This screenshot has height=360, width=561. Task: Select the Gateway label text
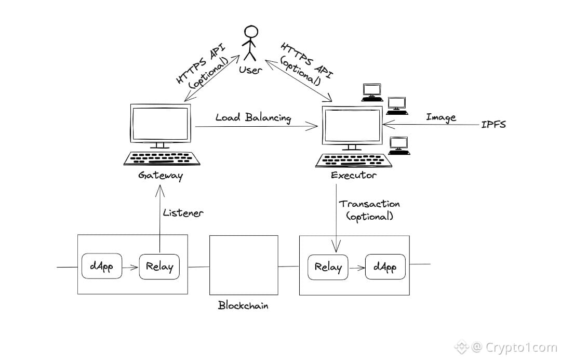coord(161,176)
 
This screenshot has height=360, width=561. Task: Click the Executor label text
coord(353,176)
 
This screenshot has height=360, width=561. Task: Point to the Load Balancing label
coord(253,118)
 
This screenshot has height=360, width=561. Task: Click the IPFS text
coord(493,125)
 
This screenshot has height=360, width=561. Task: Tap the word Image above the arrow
coord(440,117)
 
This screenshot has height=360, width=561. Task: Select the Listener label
coord(183,212)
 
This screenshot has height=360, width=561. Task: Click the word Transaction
coord(369,204)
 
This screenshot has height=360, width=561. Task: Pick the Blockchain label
coord(243,305)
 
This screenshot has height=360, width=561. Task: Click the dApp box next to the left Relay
coord(101,267)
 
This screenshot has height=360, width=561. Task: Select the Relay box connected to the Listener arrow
coord(159,267)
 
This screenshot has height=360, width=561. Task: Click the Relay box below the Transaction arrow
coord(328,268)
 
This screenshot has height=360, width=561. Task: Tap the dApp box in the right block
coord(384,268)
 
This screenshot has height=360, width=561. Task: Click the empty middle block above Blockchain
coord(243,265)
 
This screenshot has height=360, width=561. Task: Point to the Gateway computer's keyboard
coord(162,158)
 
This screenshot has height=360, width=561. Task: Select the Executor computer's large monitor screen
coord(352,125)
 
